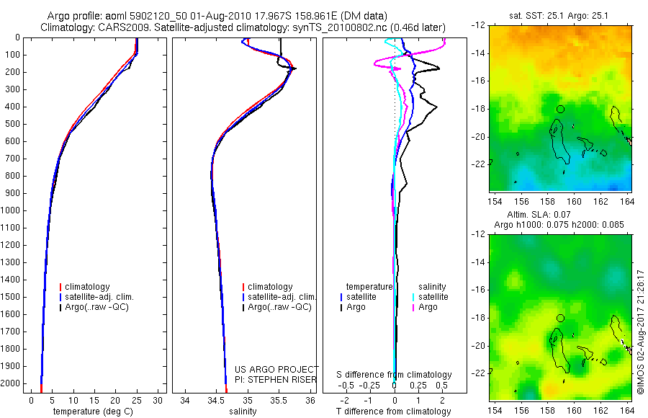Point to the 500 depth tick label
pyautogui.click(x=13, y=124)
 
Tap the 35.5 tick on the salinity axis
pyautogui.click(x=279, y=400)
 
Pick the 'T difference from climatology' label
pyautogui.click(x=394, y=412)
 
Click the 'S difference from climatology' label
pyautogui.click(x=395, y=375)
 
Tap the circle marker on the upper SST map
pyautogui.click(x=560, y=109)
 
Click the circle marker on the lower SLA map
pyautogui.click(x=560, y=318)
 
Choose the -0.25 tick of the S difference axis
pyautogui.click(x=371, y=385)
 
